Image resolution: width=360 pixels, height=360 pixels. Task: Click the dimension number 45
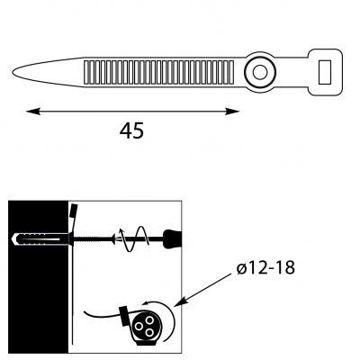coord(131,130)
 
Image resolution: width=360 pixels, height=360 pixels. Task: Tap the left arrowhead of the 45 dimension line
coord(33,112)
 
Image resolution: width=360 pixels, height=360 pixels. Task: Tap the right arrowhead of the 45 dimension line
coord(232,112)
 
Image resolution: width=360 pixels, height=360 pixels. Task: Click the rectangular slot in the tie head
coord(325,72)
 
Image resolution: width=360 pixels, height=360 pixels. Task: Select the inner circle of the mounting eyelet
coord(260,72)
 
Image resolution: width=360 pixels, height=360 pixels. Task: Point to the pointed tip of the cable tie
coord(13,72)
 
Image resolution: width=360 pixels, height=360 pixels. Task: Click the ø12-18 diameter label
coord(265,267)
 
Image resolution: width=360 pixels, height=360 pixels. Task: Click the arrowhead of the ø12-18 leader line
coord(179,301)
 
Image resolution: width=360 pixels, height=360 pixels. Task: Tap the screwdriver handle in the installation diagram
coord(173,239)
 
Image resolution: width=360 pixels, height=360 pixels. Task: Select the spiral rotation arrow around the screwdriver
coord(134,239)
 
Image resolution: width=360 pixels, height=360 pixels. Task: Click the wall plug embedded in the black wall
coord(40,239)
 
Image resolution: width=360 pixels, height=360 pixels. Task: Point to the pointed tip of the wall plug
coord(13,239)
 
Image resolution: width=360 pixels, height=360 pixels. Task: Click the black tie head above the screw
coord(74,210)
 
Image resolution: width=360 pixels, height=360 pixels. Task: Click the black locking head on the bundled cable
coord(124,316)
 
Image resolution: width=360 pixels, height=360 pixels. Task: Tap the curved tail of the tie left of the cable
coord(102,315)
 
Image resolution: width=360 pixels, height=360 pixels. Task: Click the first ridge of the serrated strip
coord(87,72)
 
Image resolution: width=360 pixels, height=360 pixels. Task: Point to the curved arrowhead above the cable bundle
coord(147,303)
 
